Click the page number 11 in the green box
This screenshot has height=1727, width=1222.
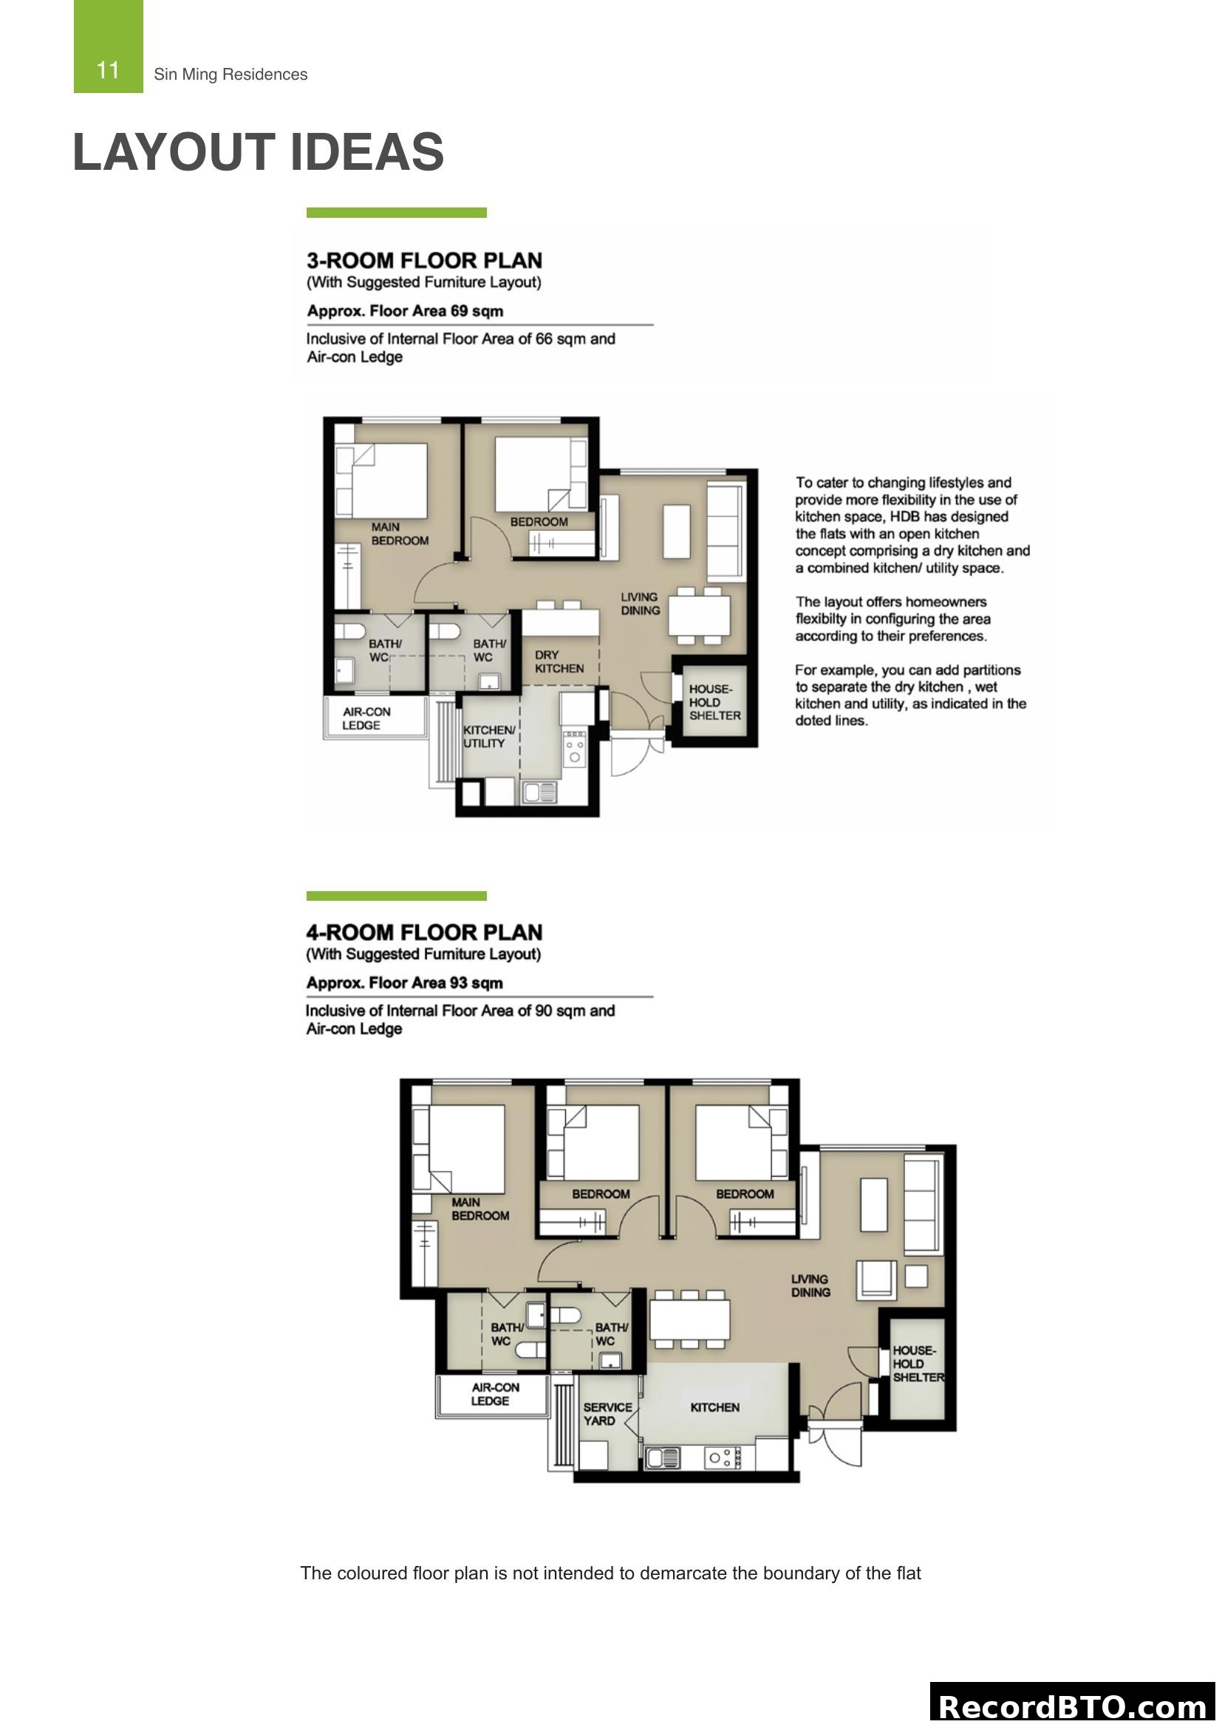click(108, 71)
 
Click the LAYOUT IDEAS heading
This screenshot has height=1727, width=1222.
click(258, 152)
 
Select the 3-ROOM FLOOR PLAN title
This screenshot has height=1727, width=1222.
click(423, 260)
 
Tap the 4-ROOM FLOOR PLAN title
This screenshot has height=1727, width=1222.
click(423, 932)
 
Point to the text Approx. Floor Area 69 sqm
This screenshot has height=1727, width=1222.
click(405, 311)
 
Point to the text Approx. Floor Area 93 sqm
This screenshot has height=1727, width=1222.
click(404, 982)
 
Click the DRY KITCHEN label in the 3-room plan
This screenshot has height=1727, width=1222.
click(559, 661)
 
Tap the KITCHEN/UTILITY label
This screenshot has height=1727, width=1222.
click(488, 736)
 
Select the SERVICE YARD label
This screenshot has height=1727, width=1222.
click(607, 1413)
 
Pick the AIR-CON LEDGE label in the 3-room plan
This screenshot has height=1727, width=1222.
click(366, 718)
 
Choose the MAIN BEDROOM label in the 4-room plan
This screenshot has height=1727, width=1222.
click(479, 1209)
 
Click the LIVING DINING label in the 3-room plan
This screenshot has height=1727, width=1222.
click(640, 603)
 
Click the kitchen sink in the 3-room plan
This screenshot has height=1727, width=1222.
click(539, 792)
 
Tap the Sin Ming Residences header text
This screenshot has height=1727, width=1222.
click(231, 75)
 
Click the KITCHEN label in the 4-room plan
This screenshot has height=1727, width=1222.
click(714, 1407)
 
